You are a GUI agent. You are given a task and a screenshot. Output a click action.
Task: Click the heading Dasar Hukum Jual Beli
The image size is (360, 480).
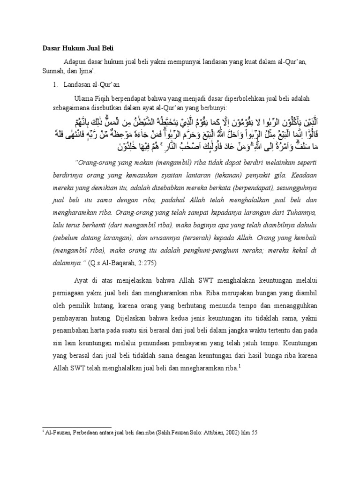tap(75, 48)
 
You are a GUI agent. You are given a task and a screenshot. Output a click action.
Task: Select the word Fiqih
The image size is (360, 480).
tap(103, 99)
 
